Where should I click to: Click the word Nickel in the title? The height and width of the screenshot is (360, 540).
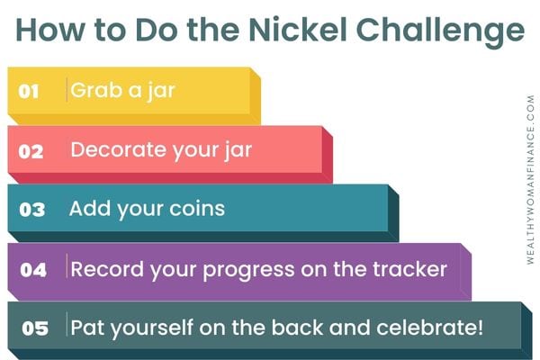297,30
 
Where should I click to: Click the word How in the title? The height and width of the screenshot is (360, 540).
49,30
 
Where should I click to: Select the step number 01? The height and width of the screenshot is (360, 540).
28,91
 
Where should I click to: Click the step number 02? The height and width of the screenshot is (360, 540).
31,151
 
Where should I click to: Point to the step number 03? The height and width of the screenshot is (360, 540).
32,210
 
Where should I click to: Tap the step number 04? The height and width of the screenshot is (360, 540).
33,270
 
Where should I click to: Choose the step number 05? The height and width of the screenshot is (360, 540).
35,328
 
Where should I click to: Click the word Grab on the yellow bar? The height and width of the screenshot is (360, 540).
96,90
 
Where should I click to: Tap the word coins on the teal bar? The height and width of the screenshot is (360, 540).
197,209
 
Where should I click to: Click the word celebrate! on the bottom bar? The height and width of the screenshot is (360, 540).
430,327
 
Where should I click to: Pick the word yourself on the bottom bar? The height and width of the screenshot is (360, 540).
152,328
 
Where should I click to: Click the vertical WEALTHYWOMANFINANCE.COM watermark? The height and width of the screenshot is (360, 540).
531,180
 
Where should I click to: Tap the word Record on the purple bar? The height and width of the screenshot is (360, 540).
107,269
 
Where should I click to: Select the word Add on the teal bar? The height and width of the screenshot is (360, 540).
89,209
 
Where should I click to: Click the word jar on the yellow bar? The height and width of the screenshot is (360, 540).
161,92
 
